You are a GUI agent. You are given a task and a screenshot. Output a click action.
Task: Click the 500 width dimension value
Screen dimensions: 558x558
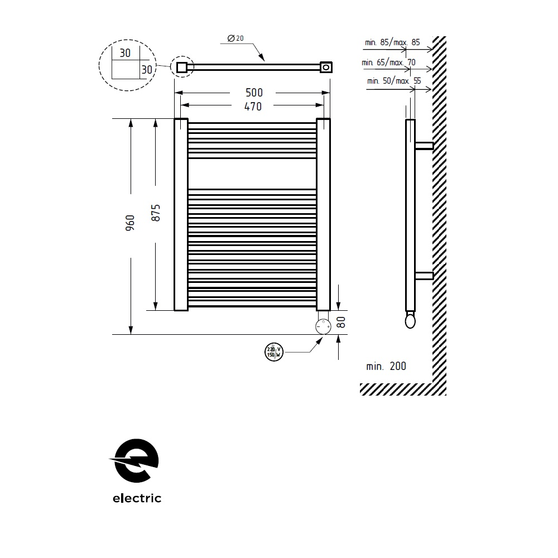click(253, 93)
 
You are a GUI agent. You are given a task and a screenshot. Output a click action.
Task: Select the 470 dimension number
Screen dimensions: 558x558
click(253, 106)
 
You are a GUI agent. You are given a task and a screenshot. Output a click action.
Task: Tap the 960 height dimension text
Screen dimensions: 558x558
click(130, 223)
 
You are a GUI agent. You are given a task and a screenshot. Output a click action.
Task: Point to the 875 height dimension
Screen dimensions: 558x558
click(156, 213)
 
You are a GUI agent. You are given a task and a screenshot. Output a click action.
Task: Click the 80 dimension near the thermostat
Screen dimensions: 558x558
click(342, 322)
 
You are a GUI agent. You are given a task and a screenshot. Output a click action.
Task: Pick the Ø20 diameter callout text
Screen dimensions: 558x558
click(235, 39)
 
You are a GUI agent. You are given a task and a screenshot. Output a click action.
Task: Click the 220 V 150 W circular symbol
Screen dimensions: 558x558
click(273, 352)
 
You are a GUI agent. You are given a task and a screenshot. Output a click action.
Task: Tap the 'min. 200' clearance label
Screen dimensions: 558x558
click(386, 367)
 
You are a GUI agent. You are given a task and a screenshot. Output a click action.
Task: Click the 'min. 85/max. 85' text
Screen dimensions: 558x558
click(392, 42)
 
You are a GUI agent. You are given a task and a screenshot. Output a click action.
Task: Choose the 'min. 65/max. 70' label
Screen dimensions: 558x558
click(389, 62)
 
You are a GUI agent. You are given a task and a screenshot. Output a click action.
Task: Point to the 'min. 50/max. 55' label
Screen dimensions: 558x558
click(393, 81)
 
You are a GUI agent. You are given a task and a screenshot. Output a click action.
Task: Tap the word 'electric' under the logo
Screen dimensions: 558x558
click(137, 498)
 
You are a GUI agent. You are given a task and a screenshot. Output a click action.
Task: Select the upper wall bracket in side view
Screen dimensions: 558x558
click(424, 146)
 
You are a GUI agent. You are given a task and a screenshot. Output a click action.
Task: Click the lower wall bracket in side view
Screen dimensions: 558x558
click(424, 275)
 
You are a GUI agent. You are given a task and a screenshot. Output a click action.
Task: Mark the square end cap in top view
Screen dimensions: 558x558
click(181, 68)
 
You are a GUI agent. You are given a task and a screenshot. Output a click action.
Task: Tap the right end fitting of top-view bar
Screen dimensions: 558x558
click(325, 68)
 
